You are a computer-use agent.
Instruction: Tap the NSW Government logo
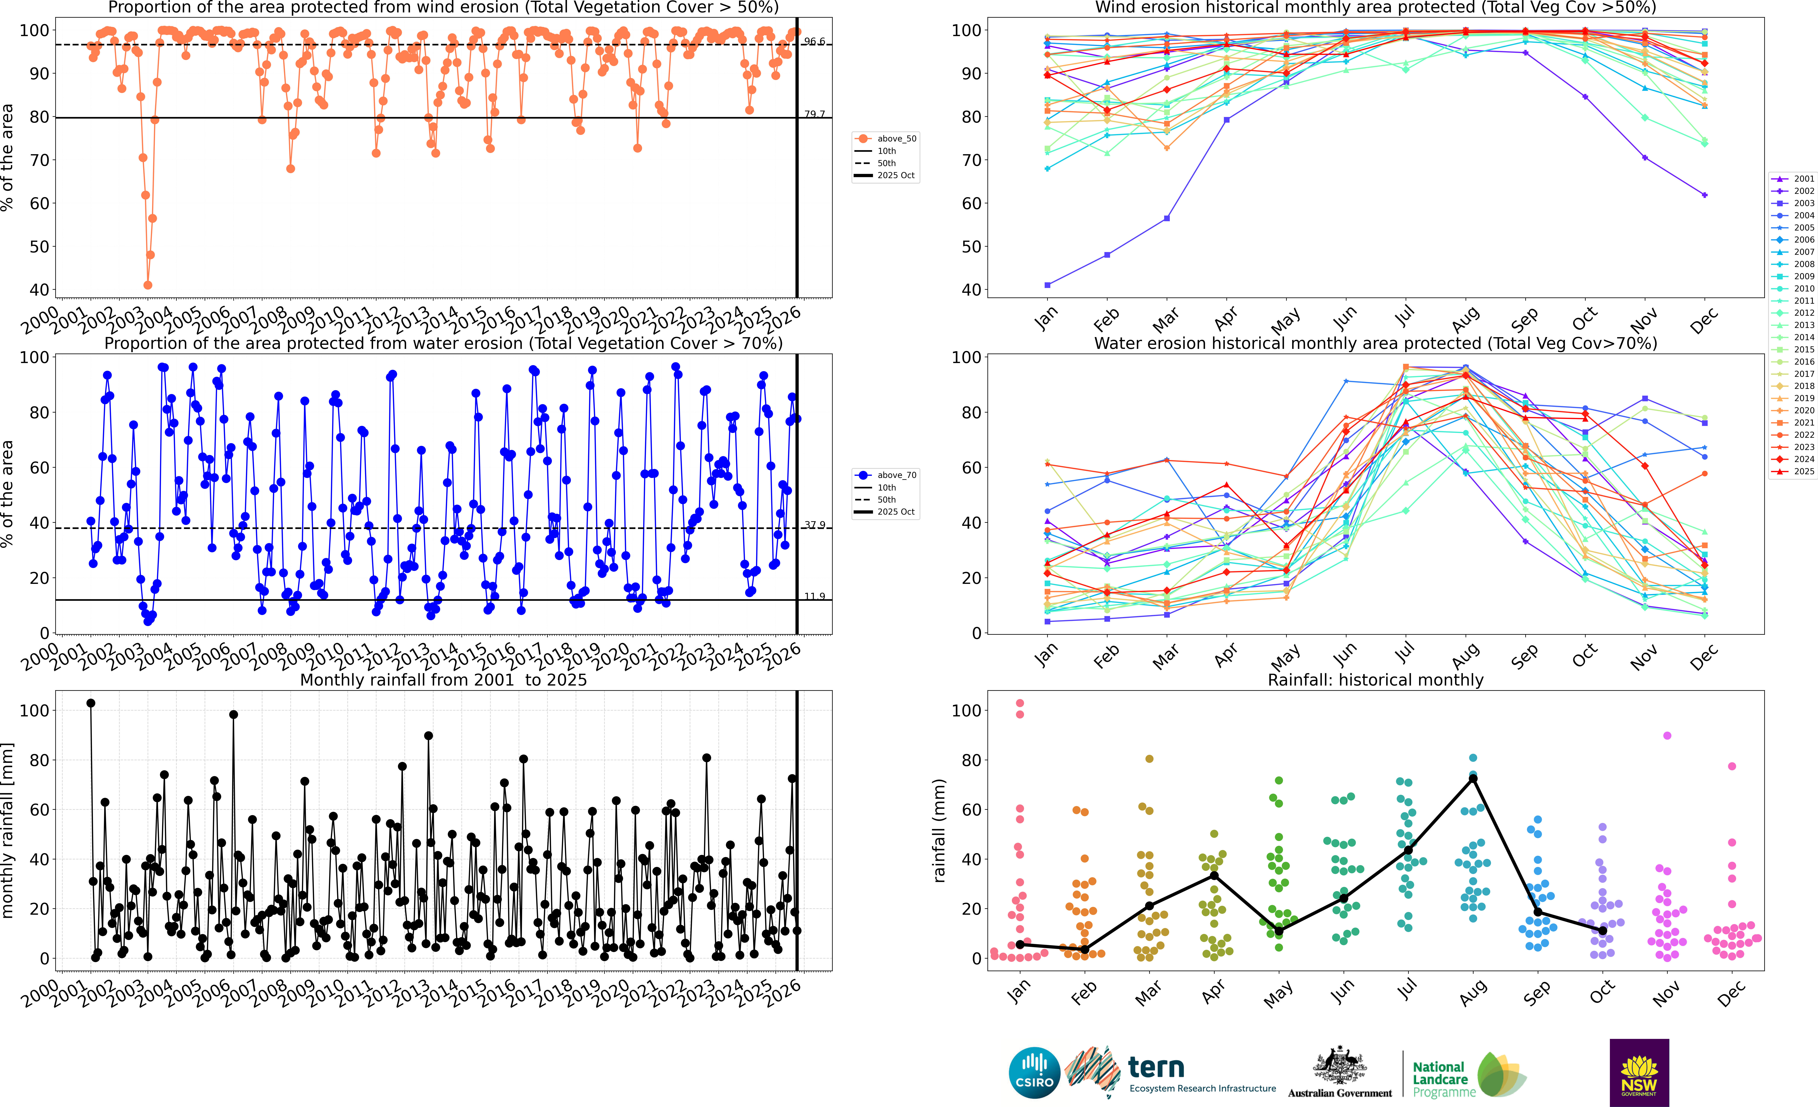[1639, 1072]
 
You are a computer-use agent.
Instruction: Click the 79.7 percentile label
[815, 114]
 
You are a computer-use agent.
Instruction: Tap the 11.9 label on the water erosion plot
[815, 596]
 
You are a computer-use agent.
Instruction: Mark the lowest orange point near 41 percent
[148, 285]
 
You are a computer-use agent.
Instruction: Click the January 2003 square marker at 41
[1048, 285]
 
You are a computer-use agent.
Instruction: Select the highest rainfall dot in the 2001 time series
[91, 703]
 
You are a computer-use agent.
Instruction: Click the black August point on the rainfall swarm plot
[1473, 779]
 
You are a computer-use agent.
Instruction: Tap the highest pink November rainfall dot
[1667, 736]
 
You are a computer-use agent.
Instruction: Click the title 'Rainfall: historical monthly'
[1375, 680]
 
